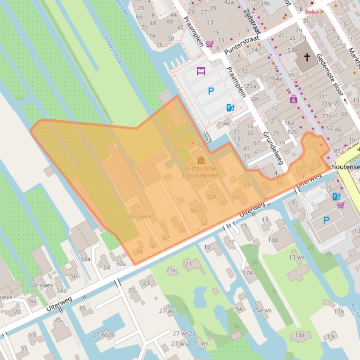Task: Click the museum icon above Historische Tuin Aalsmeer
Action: click(x=201, y=160)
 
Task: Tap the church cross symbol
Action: click(x=307, y=58)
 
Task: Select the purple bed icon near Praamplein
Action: click(x=201, y=72)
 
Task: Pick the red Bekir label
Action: click(x=312, y=12)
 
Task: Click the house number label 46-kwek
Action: click(x=140, y=216)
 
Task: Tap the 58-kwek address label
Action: click(x=42, y=285)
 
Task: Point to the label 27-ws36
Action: click(x=104, y=334)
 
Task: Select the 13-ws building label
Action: click(x=296, y=257)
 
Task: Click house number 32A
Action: click(x=211, y=197)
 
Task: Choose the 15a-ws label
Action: click(x=262, y=310)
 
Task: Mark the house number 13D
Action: click(x=273, y=240)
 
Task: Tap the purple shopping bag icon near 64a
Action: click(x=293, y=99)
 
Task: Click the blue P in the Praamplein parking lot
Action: click(x=211, y=92)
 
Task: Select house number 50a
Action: click(x=121, y=264)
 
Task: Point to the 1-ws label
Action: click(x=223, y=123)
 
